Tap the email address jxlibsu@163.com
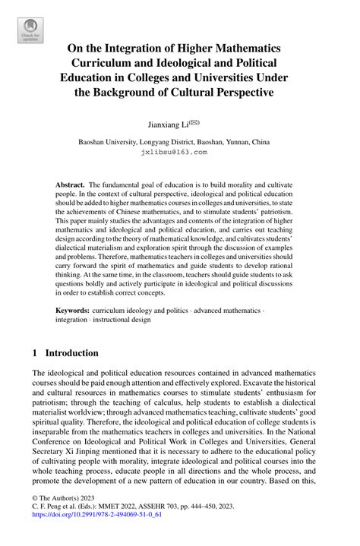click(x=174, y=152)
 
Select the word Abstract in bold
click(x=70, y=185)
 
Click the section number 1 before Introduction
click(x=36, y=353)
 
